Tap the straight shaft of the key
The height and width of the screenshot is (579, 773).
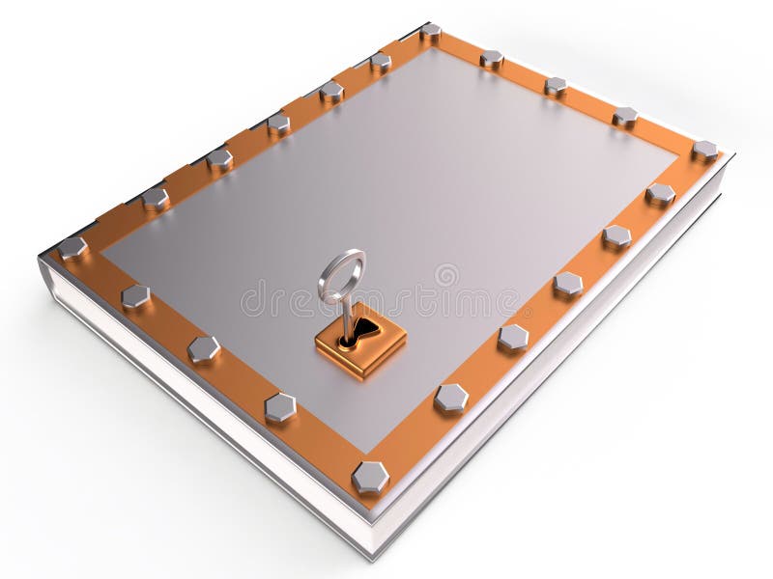342,315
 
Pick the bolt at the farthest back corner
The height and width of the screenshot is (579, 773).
430,32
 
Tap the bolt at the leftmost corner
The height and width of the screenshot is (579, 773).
72,248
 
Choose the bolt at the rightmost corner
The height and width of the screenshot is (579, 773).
704,151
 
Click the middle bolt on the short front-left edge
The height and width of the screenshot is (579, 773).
203,348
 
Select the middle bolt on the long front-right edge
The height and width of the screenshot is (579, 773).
567,284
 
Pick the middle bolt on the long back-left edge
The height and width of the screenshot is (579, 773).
278,123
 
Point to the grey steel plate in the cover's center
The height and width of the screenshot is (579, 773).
406,193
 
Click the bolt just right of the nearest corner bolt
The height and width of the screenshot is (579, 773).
451,397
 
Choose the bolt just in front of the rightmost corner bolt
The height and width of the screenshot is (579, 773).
660,194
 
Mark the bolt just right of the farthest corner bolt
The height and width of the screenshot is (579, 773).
492,59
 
